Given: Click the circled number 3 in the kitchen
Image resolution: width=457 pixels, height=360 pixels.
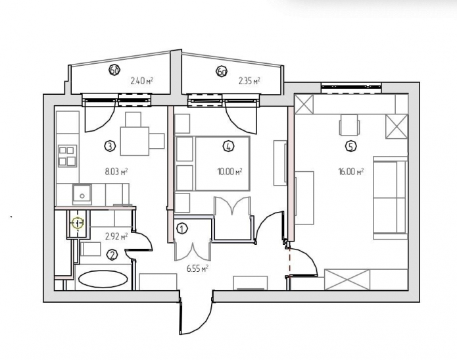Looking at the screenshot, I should (x=110, y=145).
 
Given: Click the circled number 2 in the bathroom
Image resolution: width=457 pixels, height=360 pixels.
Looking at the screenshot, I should (x=112, y=255).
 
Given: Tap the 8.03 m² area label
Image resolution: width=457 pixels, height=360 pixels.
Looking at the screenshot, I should (x=116, y=171).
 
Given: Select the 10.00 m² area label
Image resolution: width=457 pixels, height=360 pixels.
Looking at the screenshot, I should (x=229, y=172).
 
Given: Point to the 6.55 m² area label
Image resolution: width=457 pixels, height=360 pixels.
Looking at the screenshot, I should (x=197, y=269).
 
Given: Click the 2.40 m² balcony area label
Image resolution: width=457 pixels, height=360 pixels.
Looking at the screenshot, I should (x=141, y=82).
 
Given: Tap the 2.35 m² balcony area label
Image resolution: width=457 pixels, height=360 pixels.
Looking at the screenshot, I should (x=249, y=82).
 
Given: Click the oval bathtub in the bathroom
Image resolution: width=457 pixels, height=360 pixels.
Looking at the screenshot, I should (x=103, y=279).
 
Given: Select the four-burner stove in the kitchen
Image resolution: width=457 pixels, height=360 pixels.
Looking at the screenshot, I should (x=67, y=156).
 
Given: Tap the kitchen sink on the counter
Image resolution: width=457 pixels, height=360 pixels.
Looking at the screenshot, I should (x=82, y=193).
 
